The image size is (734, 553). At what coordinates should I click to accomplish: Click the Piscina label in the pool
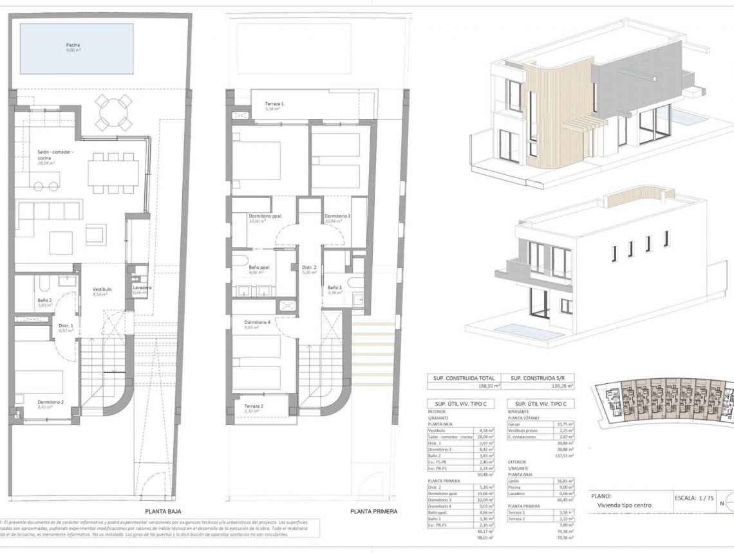(73, 46)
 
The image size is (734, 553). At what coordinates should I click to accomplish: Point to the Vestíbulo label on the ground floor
(102, 289)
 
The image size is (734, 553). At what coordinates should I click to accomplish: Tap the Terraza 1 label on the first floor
(273, 104)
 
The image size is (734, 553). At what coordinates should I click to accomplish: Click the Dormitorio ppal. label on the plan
(265, 217)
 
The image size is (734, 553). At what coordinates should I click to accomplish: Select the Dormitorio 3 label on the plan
(337, 217)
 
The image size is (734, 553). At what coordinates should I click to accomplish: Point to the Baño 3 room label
(335, 287)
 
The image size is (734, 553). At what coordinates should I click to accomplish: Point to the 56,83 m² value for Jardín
(565, 480)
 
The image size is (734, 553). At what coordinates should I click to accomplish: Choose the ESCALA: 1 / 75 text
(694, 498)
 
